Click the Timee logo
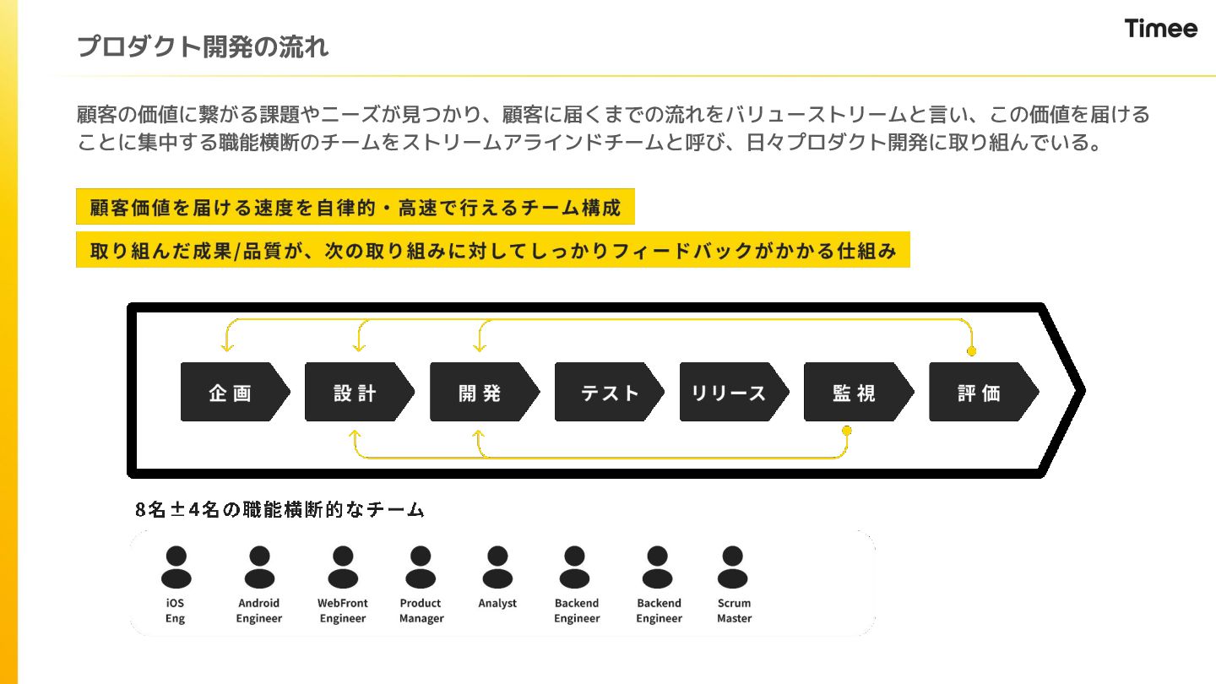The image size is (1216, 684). pyautogui.click(x=1160, y=29)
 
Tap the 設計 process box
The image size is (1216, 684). pyautogui.click(x=356, y=392)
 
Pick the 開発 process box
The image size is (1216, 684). pyautogui.click(x=480, y=392)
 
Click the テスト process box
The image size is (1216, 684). pyautogui.click(x=605, y=392)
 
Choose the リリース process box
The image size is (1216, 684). pyautogui.click(x=730, y=392)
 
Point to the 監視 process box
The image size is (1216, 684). pyautogui.click(x=855, y=392)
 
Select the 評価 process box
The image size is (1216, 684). pyautogui.click(x=980, y=392)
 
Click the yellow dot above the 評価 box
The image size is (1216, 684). pyautogui.click(x=971, y=350)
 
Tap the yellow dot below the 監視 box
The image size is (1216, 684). pyautogui.click(x=847, y=431)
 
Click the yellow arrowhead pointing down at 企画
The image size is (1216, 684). pyautogui.click(x=225, y=346)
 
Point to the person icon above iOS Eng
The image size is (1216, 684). pyautogui.click(x=176, y=567)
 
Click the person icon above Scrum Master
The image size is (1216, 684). pyautogui.click(x=733, y=567)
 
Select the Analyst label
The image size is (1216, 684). pyautogui.click(x=497, y=603)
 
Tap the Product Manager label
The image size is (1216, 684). pyautogui.click(x=421, y=611)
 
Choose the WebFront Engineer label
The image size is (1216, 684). pyautogui.click(x=343, y=611)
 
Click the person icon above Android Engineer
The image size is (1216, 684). pyautogui.click(x=259, y=567)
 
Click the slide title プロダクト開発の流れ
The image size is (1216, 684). pyautogui.click(x=203, y=46)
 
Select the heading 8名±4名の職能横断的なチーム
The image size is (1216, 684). pyautogui.click(x=280, y=509)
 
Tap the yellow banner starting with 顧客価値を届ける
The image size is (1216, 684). pyautogui.click(x=355, y=207)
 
